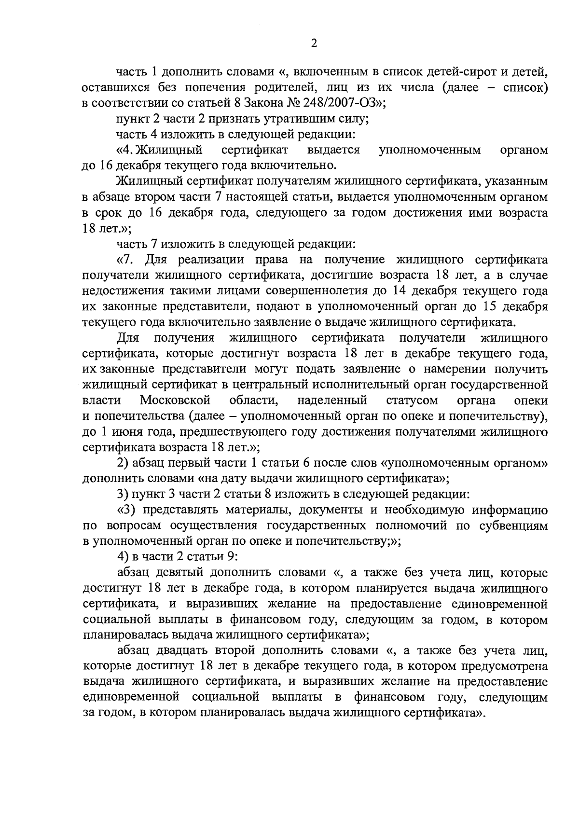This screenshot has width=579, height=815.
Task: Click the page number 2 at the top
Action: (x=314, y=43)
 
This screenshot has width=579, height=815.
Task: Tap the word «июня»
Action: (x=127, y=431)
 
